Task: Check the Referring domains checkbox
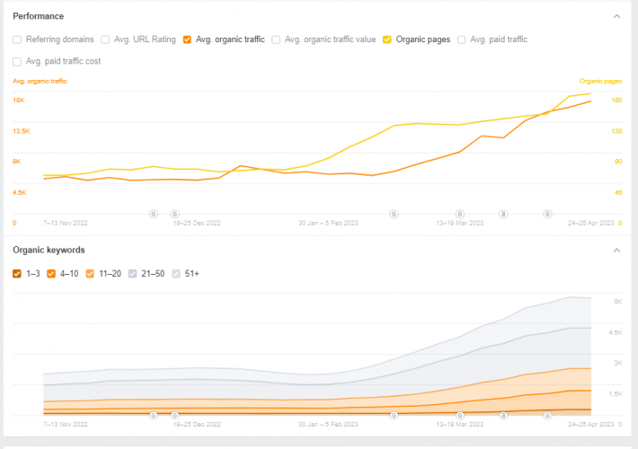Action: point(17,40)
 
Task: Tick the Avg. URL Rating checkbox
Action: point(105,40)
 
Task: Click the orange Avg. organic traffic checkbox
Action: point(186,40)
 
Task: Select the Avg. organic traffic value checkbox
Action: point(275,40)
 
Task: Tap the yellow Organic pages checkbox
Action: point(386,40)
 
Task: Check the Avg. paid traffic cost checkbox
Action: point(17,61)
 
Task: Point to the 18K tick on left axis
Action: point(18,101)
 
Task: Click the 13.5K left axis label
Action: point(21,131)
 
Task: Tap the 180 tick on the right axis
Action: point(616,101)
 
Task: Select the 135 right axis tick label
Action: point(616,131)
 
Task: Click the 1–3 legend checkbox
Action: point(17,273)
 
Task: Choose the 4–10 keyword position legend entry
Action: point(51,273)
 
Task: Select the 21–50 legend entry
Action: point(132,273)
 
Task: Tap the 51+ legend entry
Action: point(176,273)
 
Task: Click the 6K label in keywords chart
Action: point(618,303)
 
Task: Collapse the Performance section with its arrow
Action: point(616,16)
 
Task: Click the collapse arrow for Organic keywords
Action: point(616,250)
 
